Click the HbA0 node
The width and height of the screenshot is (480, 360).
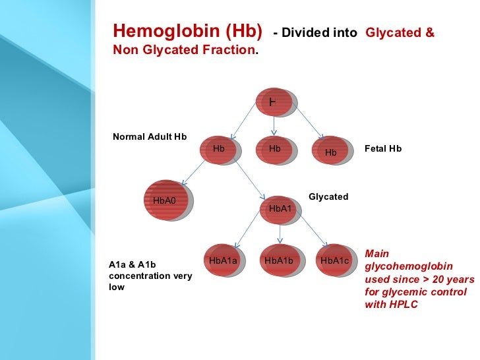pyautogui.click(x=165, y=200)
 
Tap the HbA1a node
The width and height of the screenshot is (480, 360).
pyautogui.click(x=223, y=261)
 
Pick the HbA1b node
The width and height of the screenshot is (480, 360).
pyautogui.click(x=278, y=261)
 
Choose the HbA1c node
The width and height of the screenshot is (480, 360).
pyautogui.click(x=334, y=261)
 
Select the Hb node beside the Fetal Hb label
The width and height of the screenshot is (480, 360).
pyautogui.click(x=331, y=151)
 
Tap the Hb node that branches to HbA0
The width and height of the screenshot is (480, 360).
pyautogui.click(x=220, y=150)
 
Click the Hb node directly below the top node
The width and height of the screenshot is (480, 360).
pyautogui.click(x=275, y=150)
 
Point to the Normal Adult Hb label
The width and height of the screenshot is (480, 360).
pyautogui.click(x=150, y=137)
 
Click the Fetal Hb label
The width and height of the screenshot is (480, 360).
pyautogui.click(x=382, y=149)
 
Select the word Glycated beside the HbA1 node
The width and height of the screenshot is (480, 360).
pyautogui.click(x=328, y=197)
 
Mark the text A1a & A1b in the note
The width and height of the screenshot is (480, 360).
pyautogui.click(x=132, y=264)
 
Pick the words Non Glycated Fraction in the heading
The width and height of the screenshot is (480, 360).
pyautogui.click(x=184, y=49)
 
